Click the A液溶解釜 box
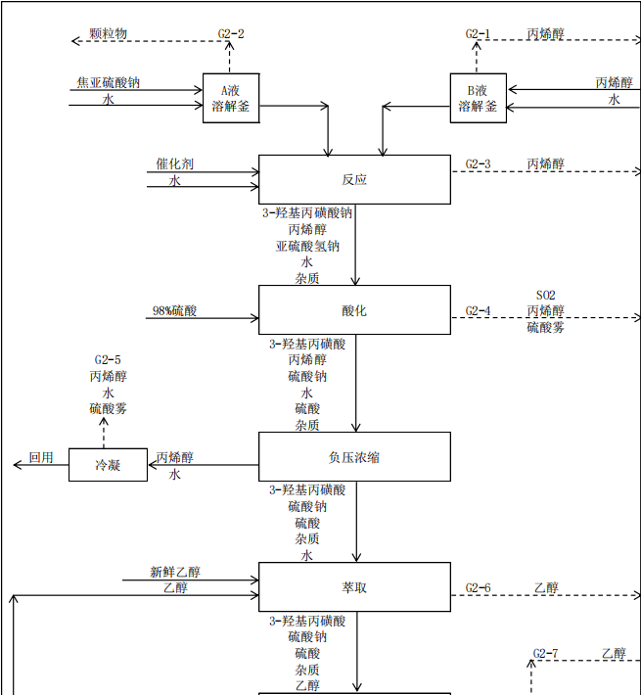[231, 98]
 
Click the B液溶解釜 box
[478, 98]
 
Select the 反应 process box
[354, 179]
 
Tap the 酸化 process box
[354, 310]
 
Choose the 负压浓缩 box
[354, 456]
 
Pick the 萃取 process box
[354, 587]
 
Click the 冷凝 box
[108, 465]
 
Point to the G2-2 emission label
[231, 34]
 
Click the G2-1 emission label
[478, 34]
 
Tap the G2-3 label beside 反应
[478, 164]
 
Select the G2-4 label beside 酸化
[478, 311]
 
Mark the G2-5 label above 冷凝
[108, 359]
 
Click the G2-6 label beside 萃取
[478, 588]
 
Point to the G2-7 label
[546, 653]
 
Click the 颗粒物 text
[108, 34]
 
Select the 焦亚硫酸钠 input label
[108, 83]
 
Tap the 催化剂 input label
[174, 164]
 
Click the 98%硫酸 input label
[174, 311]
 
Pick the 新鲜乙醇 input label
[175, 573]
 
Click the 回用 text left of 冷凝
[41, 457]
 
